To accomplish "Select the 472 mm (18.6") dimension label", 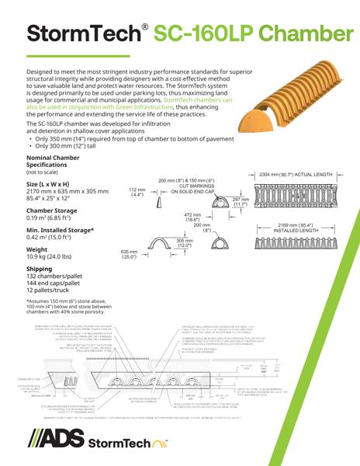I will pyautogui.click(x=192, y=217).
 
